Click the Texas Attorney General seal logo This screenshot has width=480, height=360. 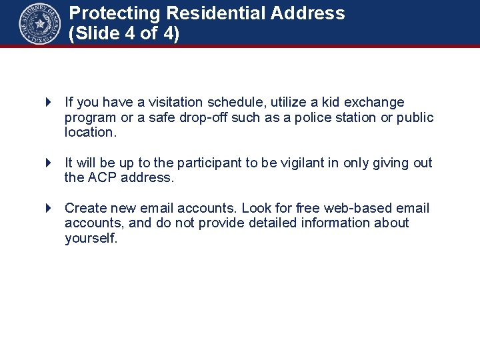[x=40, y=24]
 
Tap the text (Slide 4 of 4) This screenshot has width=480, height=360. [x=124, y=34]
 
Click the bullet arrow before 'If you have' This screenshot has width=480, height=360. [x=48, y=103]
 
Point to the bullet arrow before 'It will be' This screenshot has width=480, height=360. [x=48, y=163]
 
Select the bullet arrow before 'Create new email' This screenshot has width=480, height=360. [x=48, y=209]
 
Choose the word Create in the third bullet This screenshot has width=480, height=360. [x=84, y=209]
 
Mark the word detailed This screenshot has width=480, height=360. [x=273, y=223]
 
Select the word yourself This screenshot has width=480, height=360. [x=91, y=239]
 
